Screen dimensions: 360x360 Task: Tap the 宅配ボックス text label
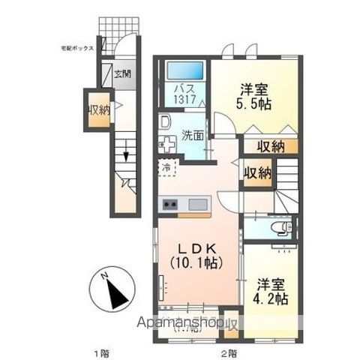tap(77, 47)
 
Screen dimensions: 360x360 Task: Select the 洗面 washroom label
tap(193, 136)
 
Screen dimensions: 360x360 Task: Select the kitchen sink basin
tap(199, 203)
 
